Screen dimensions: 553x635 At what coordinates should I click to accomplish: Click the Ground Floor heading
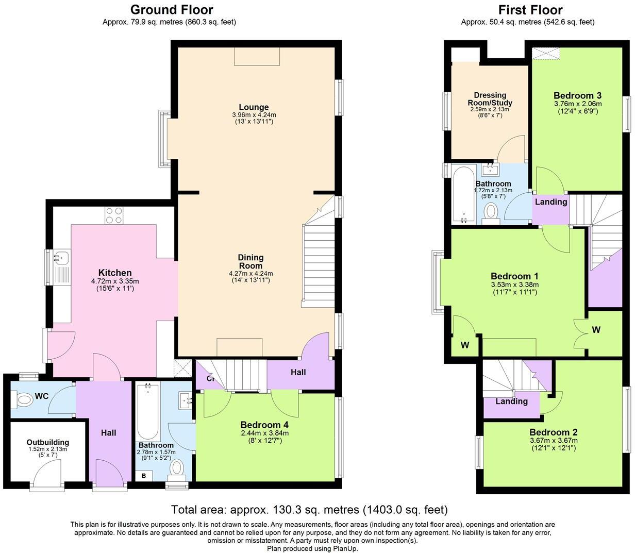[171, 10]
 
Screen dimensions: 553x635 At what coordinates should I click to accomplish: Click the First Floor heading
[530, 10]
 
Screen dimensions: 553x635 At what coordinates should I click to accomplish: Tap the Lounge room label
[254, 107]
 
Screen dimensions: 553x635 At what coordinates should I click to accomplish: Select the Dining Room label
[251, 261]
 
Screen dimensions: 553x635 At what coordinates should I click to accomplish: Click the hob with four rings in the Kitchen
[114, 215]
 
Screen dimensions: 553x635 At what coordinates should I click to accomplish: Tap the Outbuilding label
[47, 442]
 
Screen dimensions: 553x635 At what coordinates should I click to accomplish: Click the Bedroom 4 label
[264, 425]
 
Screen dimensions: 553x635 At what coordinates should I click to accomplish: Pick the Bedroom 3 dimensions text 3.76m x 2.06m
[577, 104]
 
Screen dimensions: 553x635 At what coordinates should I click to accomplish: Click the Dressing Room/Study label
[490, 99]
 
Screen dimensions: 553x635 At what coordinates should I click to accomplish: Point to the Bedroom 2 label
[553, 432]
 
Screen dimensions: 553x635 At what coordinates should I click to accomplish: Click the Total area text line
[309, 510]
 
